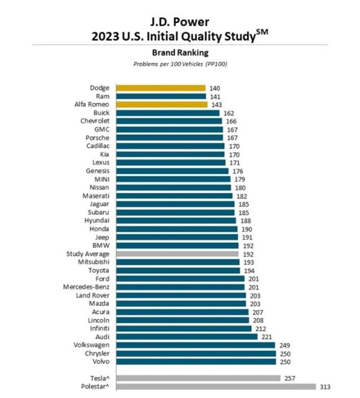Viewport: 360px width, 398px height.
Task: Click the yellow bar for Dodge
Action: [161, 88]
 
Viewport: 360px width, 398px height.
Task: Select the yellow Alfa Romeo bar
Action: [162, 104]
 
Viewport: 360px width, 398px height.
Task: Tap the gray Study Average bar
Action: [177, 254]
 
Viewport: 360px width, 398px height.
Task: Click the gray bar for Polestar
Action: [216, 387]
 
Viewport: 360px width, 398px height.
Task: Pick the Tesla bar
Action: [198, 378]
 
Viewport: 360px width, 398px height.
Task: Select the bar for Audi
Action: [187, 337]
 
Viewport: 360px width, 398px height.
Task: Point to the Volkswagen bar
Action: [196, 345]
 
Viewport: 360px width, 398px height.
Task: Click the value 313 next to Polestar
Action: [325, 387]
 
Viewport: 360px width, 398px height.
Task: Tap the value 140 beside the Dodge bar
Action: [215, 88]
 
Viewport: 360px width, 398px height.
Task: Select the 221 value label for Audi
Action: [266, 337]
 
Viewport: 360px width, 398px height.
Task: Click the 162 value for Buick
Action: [229, 113]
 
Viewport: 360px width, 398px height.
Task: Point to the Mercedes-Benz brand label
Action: [86, 287]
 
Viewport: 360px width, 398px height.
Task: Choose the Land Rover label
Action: [92, 295]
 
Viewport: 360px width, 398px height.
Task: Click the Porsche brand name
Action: [97, 138]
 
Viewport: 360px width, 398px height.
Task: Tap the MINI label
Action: [102, 179]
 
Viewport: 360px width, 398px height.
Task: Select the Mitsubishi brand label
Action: [94, 262]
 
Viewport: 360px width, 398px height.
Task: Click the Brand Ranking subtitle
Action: [180, 52]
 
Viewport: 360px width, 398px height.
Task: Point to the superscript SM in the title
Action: [262, 32]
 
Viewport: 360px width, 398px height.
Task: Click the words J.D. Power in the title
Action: [180, 22]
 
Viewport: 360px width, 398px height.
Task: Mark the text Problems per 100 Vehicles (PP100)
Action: [180, 64]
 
